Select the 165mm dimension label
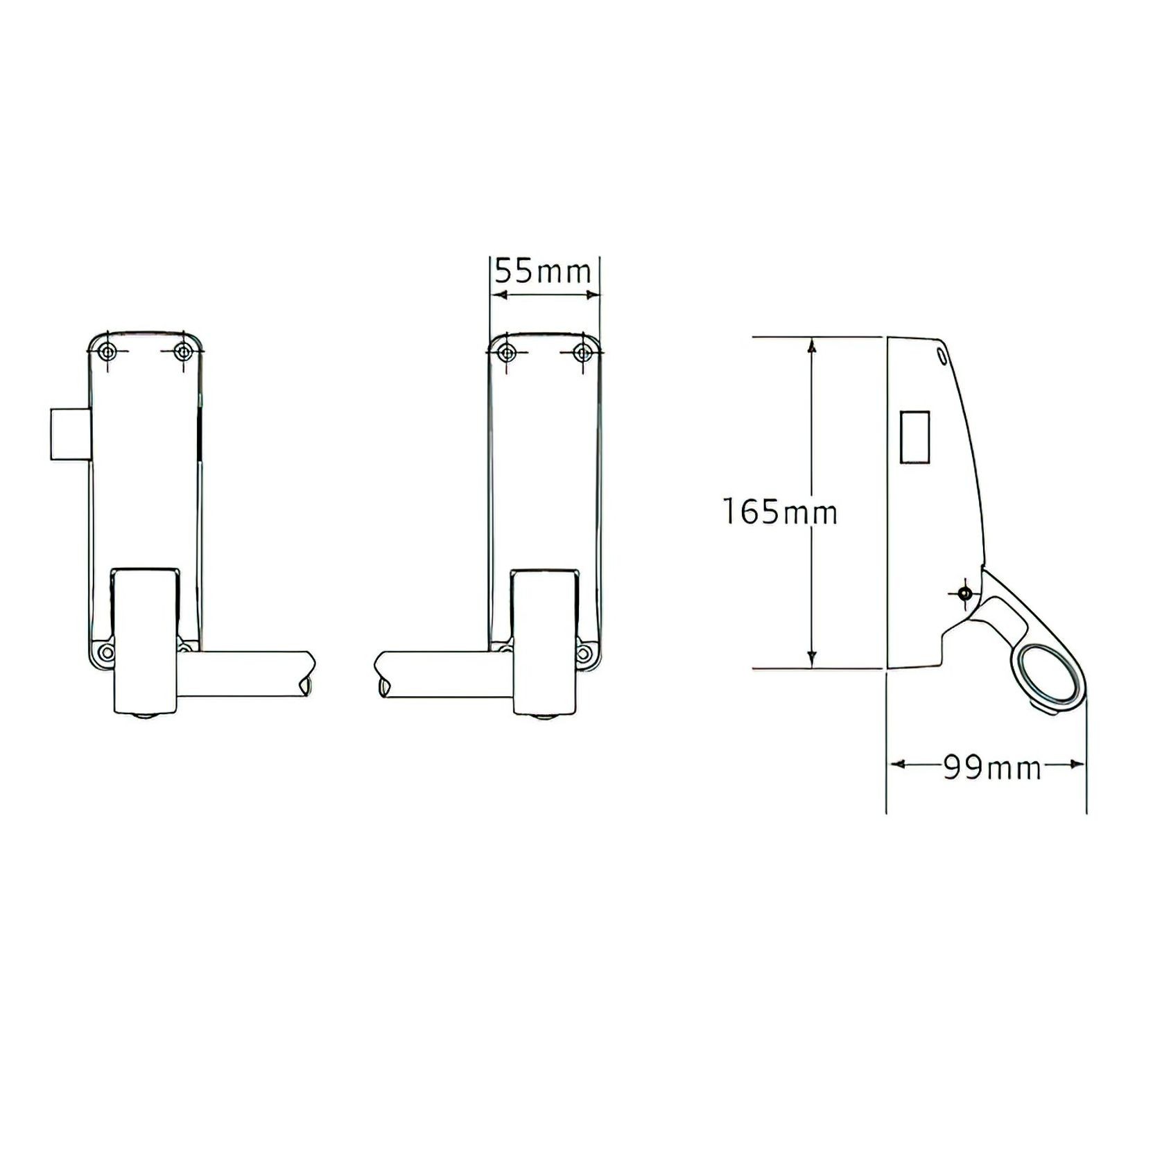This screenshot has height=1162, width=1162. click(x=780, y=513)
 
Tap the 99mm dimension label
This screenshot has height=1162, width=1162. click(x=992, y=768)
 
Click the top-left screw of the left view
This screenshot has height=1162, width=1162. click(x=106, y=352)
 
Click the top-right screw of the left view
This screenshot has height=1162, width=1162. click(x=183, y=352)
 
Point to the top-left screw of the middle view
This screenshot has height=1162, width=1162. click(x=507, y=353)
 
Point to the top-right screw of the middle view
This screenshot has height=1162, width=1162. click(x=583, y=353)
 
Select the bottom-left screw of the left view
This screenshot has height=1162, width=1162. click(x=105, y=652)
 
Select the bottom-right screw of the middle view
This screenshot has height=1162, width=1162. click(x=585, y=652)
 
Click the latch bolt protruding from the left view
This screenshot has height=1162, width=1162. click(x=69, y=434)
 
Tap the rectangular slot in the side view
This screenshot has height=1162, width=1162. click(x=915, y=437)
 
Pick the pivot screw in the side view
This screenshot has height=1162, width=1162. click(x=964, y=593)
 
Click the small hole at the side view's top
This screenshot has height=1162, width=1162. click(x=941, y=354)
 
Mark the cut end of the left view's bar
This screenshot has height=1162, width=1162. click(x=306, y=676)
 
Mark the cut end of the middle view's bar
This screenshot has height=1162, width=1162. click(x=382, y=676)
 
